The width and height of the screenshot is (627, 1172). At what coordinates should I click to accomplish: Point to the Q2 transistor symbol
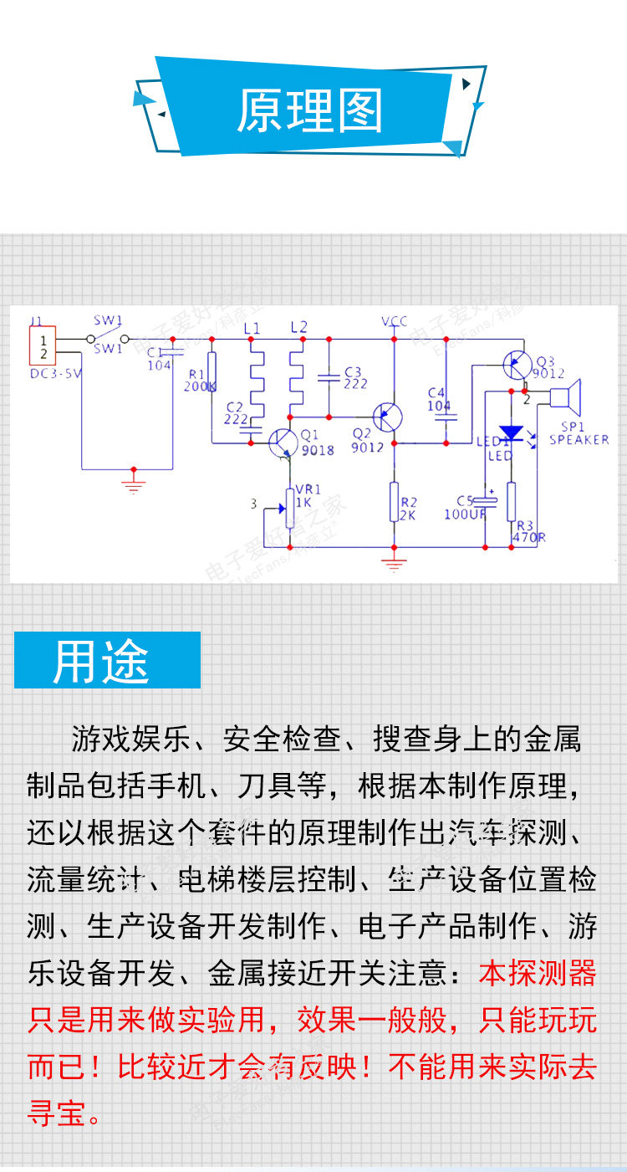tap(389, 416)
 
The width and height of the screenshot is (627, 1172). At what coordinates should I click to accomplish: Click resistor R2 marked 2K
tap(394, 502)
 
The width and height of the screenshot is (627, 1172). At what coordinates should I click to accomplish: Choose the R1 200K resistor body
tap(212, 373)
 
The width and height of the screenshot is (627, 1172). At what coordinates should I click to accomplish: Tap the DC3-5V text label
tap(55, 374)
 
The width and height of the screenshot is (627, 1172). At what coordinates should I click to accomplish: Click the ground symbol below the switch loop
tap(132, 483)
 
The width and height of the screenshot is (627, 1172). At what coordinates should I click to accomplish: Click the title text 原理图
tap(310, 111)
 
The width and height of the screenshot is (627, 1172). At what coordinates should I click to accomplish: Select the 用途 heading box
tap(107, 660)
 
